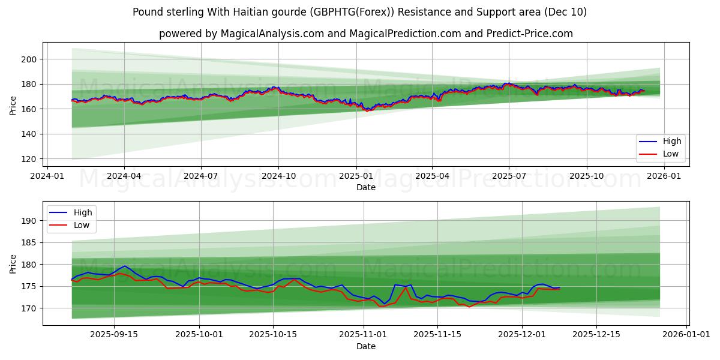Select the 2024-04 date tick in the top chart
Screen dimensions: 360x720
tap(124, 176)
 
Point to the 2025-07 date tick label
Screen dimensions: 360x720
tap(508, 176)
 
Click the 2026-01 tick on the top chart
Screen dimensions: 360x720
tap(664, 176)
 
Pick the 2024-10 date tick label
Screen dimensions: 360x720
tap(278, 176)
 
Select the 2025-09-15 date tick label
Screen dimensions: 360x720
tap(114, 335)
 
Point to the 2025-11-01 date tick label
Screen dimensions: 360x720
tap(363, 335)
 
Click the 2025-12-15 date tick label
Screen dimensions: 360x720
tap(596, 335)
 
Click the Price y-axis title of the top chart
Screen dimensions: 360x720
tap(13, 105)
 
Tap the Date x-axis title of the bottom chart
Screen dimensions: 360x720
tap(366, 346)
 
